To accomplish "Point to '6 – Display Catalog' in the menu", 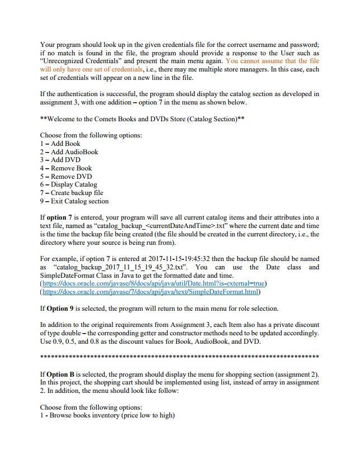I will coord(68,184).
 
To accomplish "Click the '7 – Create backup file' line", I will coord(72,193).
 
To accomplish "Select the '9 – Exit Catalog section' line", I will coord(74,201).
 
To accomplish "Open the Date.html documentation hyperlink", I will coord(151,283).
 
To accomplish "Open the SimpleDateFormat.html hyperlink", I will coord(151,292).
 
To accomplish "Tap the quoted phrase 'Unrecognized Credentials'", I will coord(83,61).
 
